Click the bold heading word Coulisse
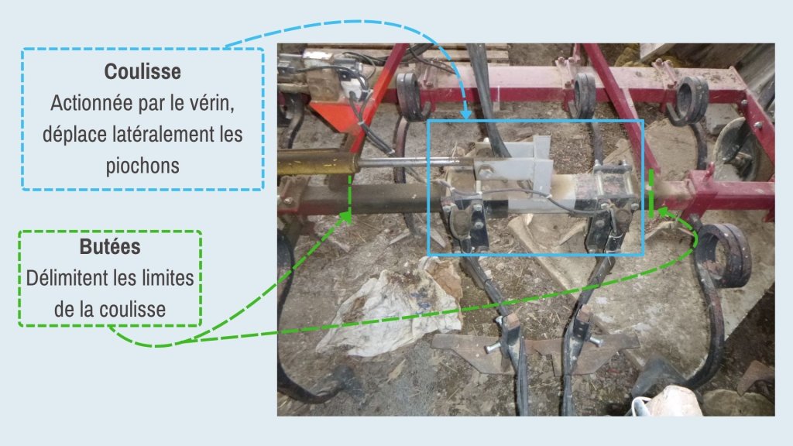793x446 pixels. pos(142,72)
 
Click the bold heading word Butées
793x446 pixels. pos(110,247)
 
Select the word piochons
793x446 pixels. pos(142,166)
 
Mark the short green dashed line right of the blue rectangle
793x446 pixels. pos(651,194)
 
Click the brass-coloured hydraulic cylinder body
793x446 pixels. pos(316,163)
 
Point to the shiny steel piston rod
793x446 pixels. pos(410,163)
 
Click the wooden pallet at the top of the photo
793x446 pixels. pos(404,53)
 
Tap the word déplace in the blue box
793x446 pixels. pos(70,135)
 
